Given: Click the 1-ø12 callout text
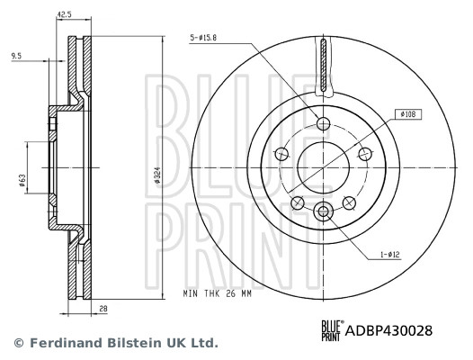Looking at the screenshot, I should [x=388, y=255].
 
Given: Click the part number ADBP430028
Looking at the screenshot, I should [x=389, y=330].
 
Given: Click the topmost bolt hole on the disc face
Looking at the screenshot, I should [x=324, y=124].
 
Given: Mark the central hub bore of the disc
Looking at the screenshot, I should [x=324, y=167].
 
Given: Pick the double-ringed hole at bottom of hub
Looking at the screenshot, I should [x=324, y=211].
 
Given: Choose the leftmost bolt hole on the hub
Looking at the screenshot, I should [x=282, y=154].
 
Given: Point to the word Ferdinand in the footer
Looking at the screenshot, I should [x=61, y=343].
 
